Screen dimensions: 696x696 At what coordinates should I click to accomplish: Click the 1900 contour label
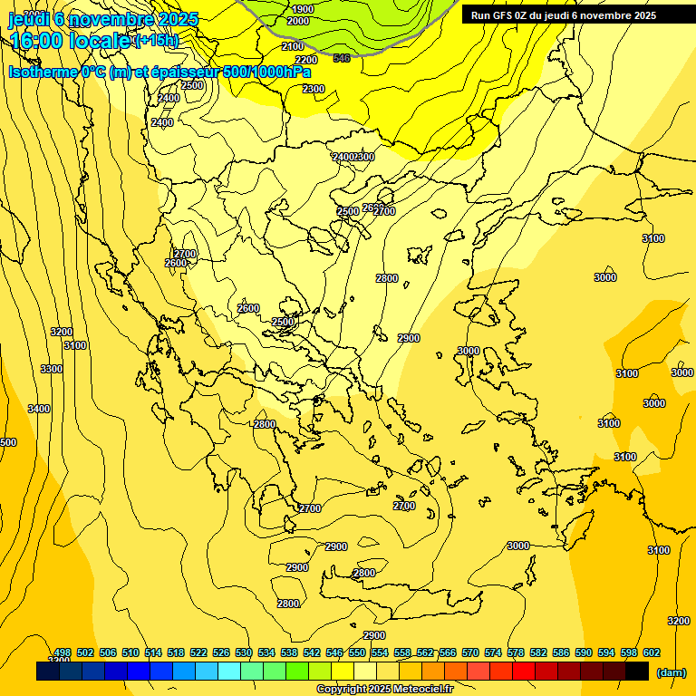[303, 9]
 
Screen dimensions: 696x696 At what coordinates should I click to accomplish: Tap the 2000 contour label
[297, 21]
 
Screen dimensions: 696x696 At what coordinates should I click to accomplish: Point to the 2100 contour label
[293, 46]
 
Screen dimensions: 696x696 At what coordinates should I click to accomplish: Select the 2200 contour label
[306, 60]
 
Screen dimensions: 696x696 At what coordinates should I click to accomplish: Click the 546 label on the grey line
[342, 58]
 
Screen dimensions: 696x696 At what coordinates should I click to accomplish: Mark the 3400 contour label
[39, 409]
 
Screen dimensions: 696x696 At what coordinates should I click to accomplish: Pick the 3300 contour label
[52, 369]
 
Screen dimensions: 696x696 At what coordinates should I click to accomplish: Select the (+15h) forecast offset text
[157, 41]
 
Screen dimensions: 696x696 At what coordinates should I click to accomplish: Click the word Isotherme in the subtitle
[45, 72]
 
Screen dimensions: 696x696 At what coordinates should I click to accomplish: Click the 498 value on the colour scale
[63, 652]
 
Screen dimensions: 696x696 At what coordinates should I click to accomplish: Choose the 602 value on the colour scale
[652, 652]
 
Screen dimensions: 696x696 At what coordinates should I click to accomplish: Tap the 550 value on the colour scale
[357, 652]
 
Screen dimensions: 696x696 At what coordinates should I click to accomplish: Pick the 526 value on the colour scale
[221, 652]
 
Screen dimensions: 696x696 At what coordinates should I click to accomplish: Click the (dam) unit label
[671, 672]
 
